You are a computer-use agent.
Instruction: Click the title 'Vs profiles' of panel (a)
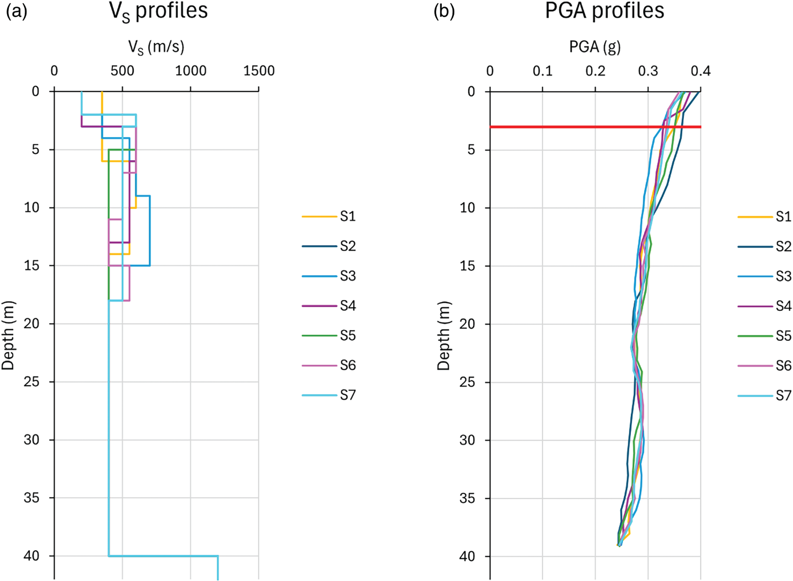158,11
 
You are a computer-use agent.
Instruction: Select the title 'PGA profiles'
604,11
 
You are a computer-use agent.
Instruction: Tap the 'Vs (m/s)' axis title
156,47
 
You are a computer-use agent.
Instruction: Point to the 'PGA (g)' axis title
595,47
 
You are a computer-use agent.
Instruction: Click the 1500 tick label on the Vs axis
259,71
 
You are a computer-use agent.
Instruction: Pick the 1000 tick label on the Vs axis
190,71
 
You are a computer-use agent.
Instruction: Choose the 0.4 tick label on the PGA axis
700,71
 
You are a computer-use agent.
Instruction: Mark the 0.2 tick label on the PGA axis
595,71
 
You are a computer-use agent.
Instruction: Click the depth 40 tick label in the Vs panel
31,556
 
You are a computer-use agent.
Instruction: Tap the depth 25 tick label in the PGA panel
467,382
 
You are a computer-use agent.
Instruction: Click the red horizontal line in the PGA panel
573,127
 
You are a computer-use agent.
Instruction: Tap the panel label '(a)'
16,11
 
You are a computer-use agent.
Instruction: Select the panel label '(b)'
444,11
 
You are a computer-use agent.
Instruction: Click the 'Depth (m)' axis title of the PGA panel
444,335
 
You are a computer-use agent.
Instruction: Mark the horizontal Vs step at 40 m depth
163,556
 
